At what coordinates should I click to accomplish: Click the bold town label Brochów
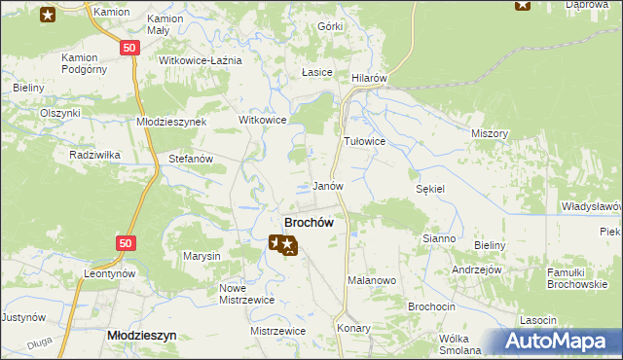coord(309,222)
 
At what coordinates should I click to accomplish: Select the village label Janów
coord(328,185)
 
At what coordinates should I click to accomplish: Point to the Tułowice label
coord(365,141)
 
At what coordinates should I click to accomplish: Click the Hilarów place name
coord(370,78)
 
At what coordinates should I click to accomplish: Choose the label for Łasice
coord(317,73)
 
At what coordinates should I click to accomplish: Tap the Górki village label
coord(330,27)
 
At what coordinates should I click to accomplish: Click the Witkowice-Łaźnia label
coord(200,60)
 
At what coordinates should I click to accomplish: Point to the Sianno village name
coord(439,238)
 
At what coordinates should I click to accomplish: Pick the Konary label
coord(354,328)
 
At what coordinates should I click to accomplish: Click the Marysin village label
coord(202,256)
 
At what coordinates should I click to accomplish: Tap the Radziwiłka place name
coord(93,155)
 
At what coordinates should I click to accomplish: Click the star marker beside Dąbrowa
coord(523,5)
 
